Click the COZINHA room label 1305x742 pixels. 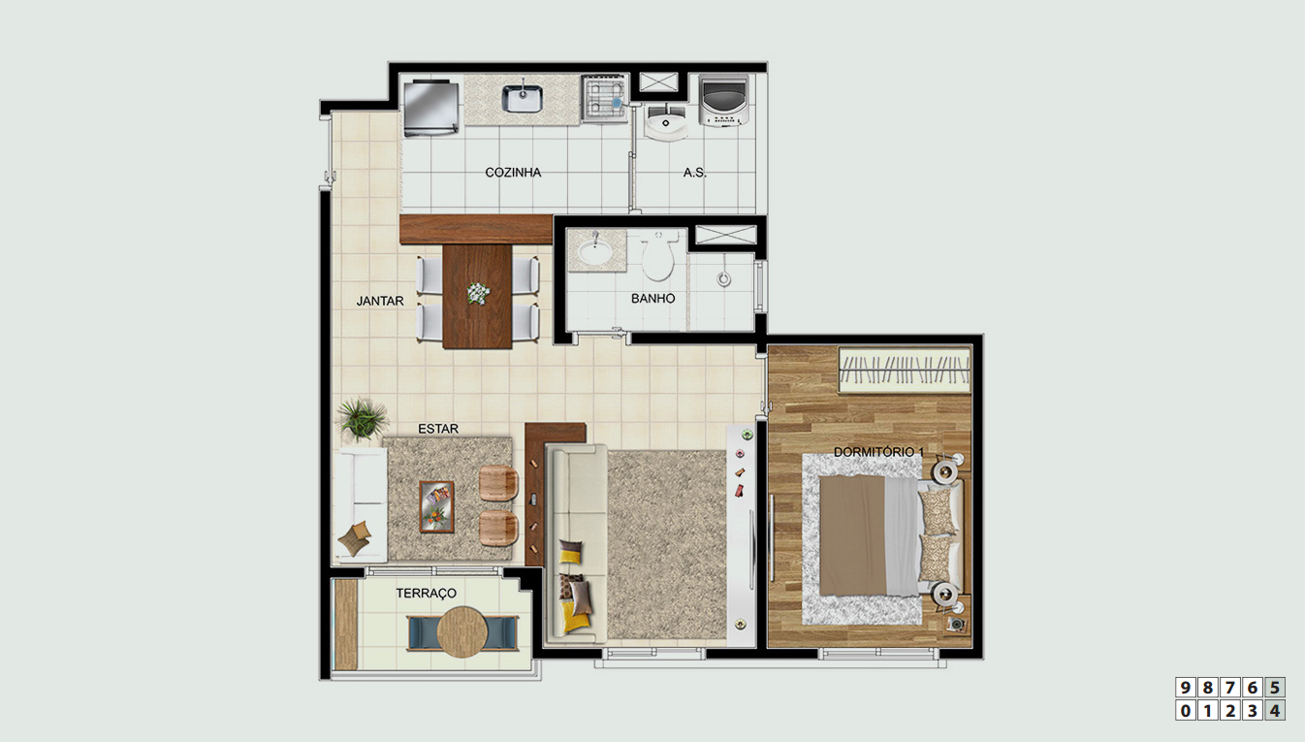point(513,173)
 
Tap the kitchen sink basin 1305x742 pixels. point(523,99)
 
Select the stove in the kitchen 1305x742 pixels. point(604,98)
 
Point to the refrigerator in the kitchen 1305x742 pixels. point(431,109)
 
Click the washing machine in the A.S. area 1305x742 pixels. point(723,100)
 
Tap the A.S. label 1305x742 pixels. point(694,173)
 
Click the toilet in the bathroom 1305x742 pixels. point(659,255)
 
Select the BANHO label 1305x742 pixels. point(652,299)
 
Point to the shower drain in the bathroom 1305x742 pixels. point(723,279)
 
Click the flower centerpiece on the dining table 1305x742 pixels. point(478,293)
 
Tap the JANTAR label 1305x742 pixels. point(380,301)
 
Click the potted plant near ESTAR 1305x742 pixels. point(363,418)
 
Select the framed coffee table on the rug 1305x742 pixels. point(436,506)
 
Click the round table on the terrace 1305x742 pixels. point(462,631)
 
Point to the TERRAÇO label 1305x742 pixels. point(426,594)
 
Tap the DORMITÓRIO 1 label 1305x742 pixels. point(878,452)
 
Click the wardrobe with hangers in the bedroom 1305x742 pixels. point(905,370)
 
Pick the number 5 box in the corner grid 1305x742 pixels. point(1275,688)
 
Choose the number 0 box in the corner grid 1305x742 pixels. point(1185,711)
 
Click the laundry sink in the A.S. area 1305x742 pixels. point(665,122)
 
